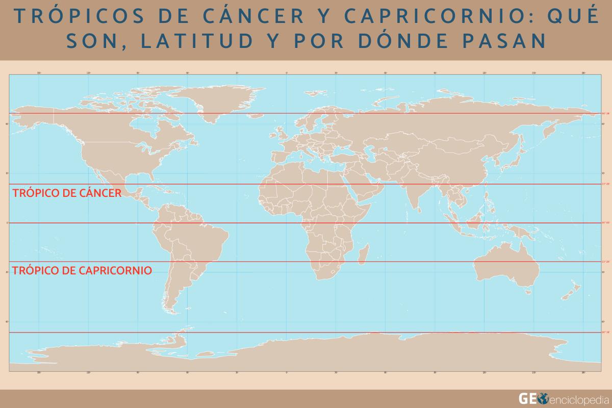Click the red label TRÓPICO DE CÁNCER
coord(66,193)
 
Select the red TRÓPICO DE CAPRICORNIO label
coord(82,270)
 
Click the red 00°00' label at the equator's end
coord(605,223)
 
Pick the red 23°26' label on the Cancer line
coord(605,184)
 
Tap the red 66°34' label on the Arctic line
coord(605,113)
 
